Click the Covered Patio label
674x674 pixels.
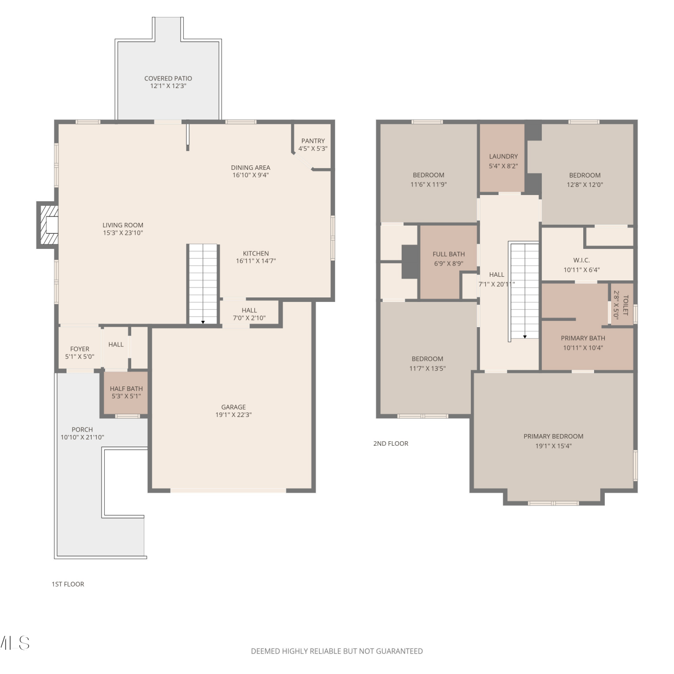168,78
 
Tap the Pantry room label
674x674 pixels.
313,141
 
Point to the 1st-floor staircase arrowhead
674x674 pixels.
203,322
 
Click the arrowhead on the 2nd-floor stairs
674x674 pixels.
525,337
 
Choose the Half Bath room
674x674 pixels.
126,392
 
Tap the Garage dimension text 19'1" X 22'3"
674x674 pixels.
234,415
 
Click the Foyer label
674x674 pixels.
80,349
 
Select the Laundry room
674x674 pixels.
502,158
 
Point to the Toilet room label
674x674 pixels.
625,305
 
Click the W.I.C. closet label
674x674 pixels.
581,260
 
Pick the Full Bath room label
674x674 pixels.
448,254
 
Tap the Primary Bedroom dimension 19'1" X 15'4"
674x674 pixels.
554,446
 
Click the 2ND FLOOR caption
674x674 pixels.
391,443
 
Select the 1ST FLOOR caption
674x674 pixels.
68,584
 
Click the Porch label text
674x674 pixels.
82,430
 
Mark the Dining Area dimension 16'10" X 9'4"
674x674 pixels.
251,175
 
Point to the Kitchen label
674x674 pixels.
256,253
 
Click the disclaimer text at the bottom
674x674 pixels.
337,651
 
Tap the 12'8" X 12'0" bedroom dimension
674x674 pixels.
585,185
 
